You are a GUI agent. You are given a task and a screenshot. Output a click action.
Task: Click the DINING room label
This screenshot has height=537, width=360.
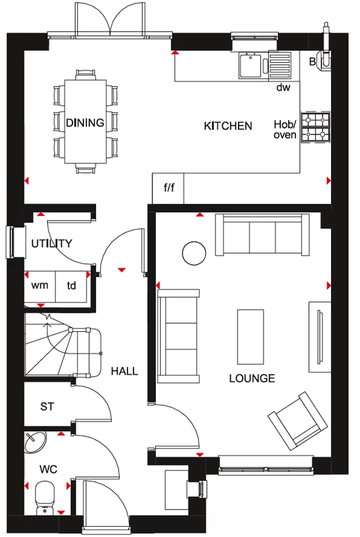pyautogui.click(x=85, y=123)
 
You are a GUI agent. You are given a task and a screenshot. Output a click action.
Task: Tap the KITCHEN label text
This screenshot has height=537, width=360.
pyautogui.click(x=228, y=126)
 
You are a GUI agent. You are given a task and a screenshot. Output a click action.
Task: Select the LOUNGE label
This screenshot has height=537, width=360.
pyautogui.click(x=252, y=379)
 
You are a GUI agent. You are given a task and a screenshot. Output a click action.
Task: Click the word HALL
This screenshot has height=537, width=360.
pyautogui.click(x=124, y=371)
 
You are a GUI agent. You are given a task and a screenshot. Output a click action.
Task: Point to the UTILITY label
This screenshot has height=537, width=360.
pyautogui.click(x=51, y=243)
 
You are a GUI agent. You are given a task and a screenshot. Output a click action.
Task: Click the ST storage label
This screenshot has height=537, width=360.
pyautogui.click(x=47, y=407)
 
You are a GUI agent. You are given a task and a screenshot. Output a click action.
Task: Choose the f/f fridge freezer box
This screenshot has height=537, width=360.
pyautogui.click(x=169, y=188)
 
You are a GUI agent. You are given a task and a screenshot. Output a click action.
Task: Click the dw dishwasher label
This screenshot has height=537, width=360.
pyautogui.click(x=283, y=88)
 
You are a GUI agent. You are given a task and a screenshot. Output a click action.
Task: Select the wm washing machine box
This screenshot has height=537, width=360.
pyautogui.click(x=39, y=285)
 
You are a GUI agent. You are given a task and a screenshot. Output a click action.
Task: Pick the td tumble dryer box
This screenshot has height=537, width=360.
pyautogui.click(x=71, y=285)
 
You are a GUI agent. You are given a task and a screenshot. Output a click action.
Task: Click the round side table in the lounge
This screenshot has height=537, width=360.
pyautogui.click(x=193, y=252)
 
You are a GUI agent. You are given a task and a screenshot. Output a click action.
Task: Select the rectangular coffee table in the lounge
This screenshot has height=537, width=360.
pyautogui.click(x=250, y=337)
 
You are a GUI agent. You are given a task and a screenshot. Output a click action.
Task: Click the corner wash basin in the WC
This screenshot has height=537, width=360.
pyautogui.click(x=35, y=441)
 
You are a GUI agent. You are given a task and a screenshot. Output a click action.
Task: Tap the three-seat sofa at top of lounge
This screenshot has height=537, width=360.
pyautogui.click(x=263, y=235)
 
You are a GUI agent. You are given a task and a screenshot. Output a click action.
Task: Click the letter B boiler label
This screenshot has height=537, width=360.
pyautogui.click(x=312, y=61)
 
